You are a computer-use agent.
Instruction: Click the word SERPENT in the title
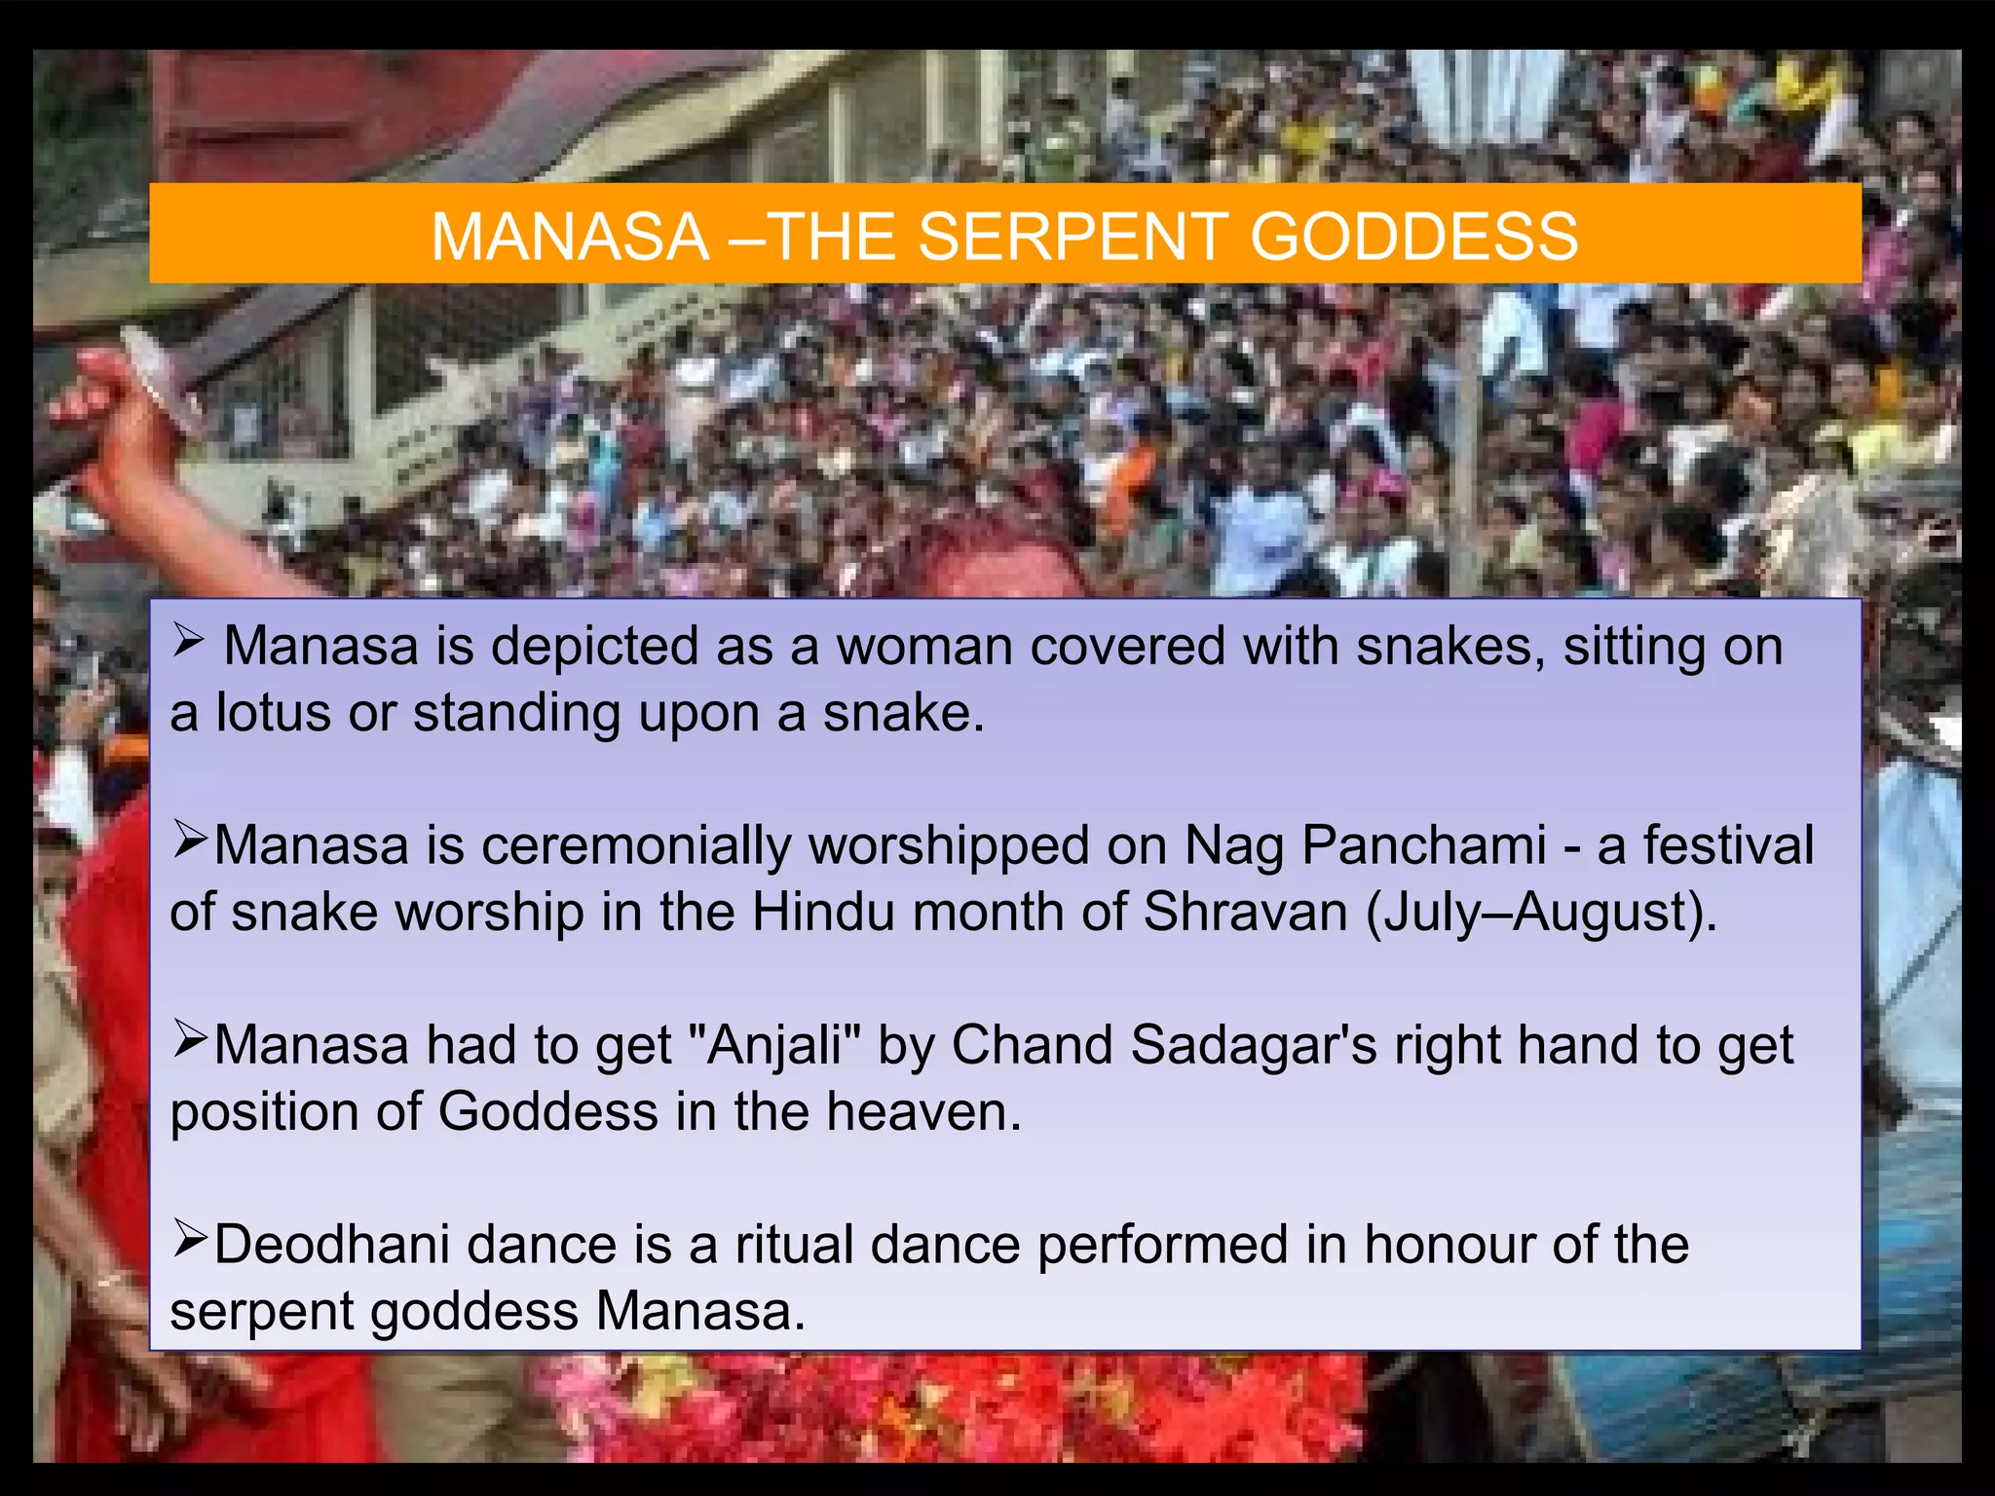1070,237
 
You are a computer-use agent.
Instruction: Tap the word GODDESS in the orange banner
1413,237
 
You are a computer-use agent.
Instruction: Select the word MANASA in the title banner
570,237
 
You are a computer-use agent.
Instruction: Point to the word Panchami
1424,844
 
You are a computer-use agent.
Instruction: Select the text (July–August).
1541,913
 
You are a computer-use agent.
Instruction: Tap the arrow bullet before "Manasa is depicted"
188,641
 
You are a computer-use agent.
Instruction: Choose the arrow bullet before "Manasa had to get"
190,1040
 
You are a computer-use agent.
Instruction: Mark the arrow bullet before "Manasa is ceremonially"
190,840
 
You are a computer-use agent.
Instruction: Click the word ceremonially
636,846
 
